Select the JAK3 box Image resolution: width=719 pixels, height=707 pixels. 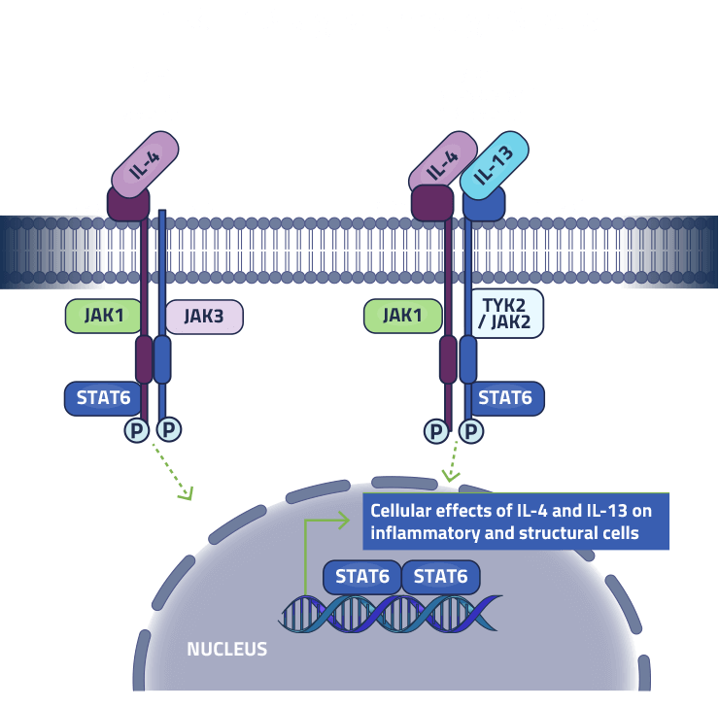pyautogui.click(x=203, y=316)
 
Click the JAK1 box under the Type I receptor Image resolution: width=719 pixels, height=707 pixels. pyautogui.click(x=102, y=316)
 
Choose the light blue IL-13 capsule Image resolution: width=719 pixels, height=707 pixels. pyautogui.click(x=494, y=162)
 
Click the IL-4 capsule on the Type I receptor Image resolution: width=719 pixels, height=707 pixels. pyautogui.click(x=146, y=162)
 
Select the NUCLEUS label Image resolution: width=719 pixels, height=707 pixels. pyautogui.click(x=226, y=649)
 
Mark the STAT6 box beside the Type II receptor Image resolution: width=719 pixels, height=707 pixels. pyautogui.click(x=505, y=397)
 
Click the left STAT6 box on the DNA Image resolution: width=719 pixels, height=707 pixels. pyautogui.click(x=361, y=577)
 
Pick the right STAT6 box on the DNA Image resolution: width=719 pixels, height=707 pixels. pyautogui.click(x=440, y=577)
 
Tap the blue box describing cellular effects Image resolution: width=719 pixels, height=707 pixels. pyautogui.click(x=515, y=521)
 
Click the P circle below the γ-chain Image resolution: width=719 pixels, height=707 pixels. pyautogui.click(x=170, y=428)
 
